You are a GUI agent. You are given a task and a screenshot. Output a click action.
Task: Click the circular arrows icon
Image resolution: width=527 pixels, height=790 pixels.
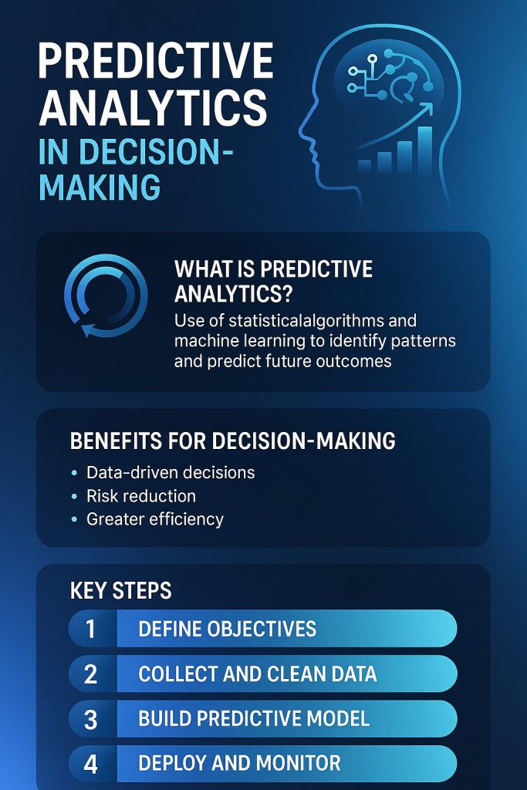coord(106,295)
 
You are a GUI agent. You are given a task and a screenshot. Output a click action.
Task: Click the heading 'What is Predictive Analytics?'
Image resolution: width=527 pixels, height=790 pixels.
coord(273,281)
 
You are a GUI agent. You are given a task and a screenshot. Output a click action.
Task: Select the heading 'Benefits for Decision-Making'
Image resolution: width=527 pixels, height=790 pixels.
coord(232,441)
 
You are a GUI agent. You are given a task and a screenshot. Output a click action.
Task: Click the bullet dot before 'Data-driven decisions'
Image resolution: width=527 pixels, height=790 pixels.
coord(74,472)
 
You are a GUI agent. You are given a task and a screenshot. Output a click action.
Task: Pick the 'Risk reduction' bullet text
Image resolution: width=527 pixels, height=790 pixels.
coord(141,495)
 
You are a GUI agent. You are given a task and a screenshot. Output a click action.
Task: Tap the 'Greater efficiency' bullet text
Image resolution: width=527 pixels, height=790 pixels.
coord(155,519)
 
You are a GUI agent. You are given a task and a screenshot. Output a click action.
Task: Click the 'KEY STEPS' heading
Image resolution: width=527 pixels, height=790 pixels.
coord(120,591)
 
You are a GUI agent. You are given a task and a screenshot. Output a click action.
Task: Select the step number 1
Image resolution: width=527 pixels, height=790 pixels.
coord(91,629)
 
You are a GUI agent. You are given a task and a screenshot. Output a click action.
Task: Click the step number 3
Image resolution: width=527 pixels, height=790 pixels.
coord(91,720)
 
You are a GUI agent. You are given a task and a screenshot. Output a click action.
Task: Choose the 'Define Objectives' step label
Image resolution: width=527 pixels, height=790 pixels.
coord(227,629)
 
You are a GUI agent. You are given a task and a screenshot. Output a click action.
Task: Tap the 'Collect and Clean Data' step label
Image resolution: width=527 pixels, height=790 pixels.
coord(257,674)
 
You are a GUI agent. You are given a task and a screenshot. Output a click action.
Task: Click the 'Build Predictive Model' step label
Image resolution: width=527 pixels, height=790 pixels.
coord(254,719)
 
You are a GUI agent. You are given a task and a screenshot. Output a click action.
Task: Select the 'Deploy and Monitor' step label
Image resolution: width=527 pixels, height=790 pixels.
coord(239,764)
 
